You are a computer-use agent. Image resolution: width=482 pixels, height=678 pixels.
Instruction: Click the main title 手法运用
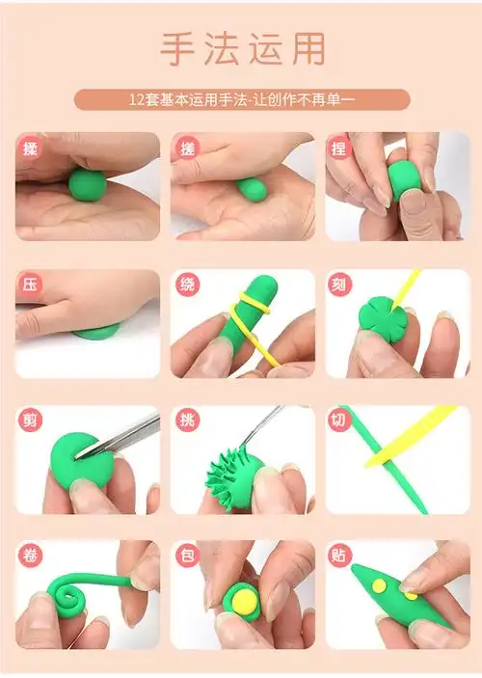[242, 48]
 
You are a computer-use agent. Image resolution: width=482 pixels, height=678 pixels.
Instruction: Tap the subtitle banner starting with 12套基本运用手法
[242, 99]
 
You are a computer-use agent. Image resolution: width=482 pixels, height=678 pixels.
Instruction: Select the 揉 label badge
[31, 149]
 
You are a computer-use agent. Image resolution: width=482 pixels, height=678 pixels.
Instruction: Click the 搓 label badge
[187, 149]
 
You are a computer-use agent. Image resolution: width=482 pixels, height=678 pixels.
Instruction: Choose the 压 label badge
[31, 285]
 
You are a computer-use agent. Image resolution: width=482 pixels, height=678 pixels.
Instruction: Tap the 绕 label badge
[187, 285]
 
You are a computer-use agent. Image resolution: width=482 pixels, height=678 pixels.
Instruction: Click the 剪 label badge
[31, 420]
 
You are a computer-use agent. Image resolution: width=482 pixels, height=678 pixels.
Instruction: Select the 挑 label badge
[187, 420]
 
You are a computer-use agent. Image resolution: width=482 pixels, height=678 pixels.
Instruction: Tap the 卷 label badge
[31, 556]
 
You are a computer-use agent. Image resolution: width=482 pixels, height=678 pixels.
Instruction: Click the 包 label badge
[187, 556]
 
